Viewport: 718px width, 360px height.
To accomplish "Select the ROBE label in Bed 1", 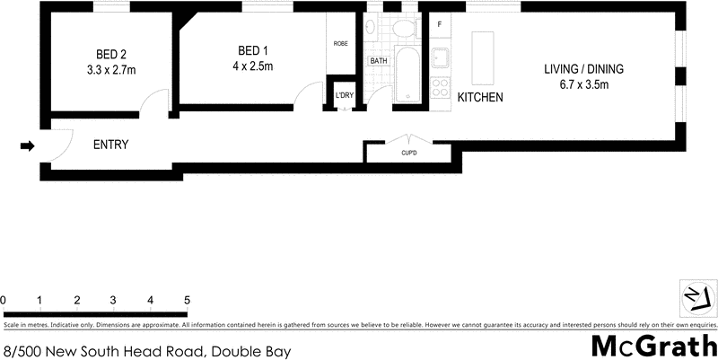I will tap(341, 44).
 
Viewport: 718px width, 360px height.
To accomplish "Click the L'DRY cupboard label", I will tap(344, 95).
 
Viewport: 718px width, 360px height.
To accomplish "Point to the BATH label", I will tap(378, 61).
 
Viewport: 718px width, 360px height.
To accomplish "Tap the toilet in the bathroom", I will tap(403, 29).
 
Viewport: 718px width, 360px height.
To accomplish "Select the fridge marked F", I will tap(440, 24).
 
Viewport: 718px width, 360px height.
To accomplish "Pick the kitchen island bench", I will tap(483, 56).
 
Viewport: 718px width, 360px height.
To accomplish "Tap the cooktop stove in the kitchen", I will tap(441, 89).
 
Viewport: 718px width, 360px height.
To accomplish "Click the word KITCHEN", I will tap(480, 97).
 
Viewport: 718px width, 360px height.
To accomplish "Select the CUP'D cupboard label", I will tap(409, 153).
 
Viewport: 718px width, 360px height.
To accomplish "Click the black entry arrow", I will tap(28, 145).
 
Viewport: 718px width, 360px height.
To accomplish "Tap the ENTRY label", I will tap(111, 145).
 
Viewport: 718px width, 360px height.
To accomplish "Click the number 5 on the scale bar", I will tap(187, 300).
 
